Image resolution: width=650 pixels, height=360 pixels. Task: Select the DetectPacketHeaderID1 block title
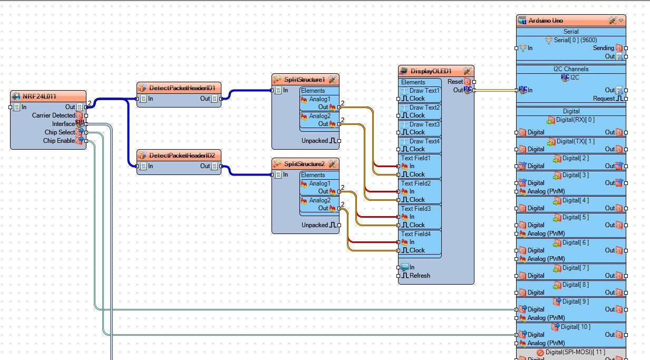pyautogui.click(x=182, y=87)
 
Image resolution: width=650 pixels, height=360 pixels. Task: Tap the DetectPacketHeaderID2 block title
pyautogui.click(x=182, y=155)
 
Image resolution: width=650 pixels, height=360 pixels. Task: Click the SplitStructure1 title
pyautogui.click(x=305, y=80)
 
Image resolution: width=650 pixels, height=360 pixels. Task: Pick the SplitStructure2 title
pyautogui.click(x=305, y=163)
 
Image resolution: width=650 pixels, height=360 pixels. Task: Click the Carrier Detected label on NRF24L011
pyautogui.click(x=54, y=115)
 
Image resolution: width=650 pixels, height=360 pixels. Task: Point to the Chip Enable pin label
pyautogui.click(x=59, y=141)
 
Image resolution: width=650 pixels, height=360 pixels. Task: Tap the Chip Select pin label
pyautogui.click(x=60, y=132)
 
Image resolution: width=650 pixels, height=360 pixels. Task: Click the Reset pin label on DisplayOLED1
pyautogui.click(x=455, y=82)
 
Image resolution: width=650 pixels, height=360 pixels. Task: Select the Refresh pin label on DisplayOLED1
pyautogui.click(x=420, y=276)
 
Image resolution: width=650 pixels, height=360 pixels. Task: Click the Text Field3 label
pyautogui.click(x=416, y=209)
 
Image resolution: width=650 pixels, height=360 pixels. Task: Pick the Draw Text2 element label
pyautogui.click(x=424, y=108)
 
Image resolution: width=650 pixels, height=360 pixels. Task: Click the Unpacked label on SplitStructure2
pyautogui.click(x=315, y=225)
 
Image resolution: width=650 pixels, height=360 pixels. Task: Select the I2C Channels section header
pyautogui.click(x=571, y=69)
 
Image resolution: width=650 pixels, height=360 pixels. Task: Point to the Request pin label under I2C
pyautogui.click(x=604, y=99)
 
